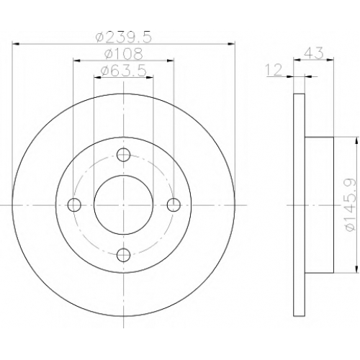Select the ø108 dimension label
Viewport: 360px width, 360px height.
point(124,54)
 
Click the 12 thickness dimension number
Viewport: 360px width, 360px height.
point(274,71)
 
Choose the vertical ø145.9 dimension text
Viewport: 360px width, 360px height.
point(350,204)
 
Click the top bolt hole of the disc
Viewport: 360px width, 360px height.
point(123,155)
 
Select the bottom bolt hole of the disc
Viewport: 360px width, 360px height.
point(123,255)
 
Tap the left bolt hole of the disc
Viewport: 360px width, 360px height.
point(74,205)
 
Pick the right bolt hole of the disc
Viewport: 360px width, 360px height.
point(174,205)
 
